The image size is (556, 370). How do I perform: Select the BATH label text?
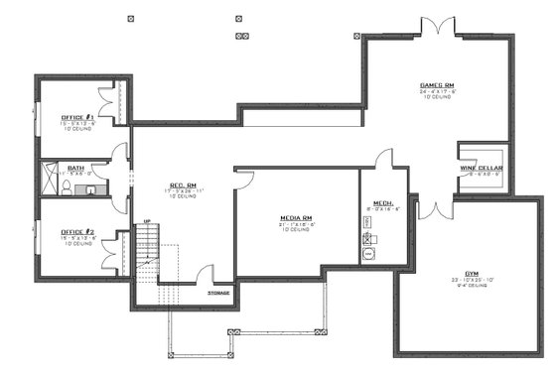(x=75, y=168)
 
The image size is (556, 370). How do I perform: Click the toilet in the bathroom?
(x=89, y=186)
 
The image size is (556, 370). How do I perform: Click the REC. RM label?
(x=180, y=185)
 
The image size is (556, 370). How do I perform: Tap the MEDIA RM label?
(x=295, y=216)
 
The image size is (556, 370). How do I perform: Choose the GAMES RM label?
(x=437, y=85)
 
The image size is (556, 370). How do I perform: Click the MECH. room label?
(x=383, y=202)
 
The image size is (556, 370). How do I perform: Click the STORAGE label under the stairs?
(x=218, y=293)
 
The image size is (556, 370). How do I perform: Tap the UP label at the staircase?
(x=146, y=221)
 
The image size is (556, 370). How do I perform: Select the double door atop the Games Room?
(x=437, y=28)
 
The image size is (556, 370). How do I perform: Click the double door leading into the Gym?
(x=433, y=208)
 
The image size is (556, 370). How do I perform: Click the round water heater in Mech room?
(x=371, y=254)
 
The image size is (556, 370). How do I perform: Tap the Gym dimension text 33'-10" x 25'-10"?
(x=471, y=280)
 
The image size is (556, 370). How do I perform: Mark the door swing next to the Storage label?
(x=205, y=275)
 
